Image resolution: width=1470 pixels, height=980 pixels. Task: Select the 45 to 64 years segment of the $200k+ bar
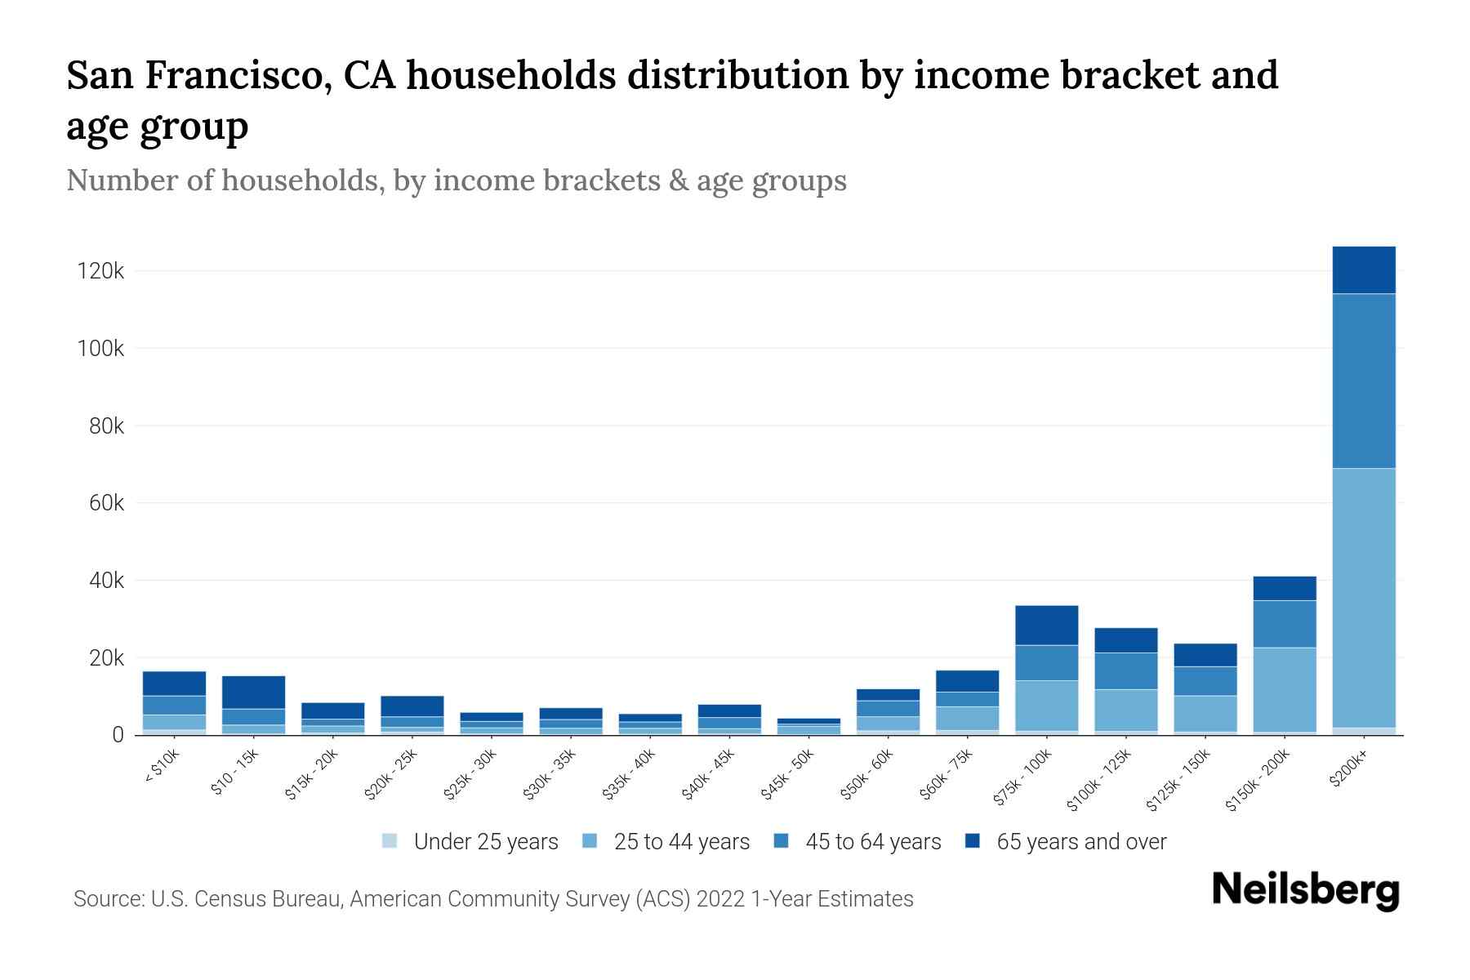point(1364,381)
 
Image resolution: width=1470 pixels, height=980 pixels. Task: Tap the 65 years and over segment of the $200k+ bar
point(1364,269)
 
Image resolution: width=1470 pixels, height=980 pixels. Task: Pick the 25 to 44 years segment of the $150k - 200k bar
point(1285,689)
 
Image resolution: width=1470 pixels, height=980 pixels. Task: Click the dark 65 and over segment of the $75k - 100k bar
point(1047,625)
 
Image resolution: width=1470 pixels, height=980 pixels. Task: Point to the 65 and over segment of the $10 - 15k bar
point(253,692)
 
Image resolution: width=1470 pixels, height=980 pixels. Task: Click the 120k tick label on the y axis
point(100,271)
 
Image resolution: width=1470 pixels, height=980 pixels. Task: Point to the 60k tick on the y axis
point(105,503)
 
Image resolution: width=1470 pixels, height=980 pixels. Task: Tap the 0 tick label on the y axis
point(118,735)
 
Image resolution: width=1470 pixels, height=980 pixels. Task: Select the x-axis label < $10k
point(162,767)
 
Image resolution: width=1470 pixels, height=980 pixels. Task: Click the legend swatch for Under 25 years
point(390,841)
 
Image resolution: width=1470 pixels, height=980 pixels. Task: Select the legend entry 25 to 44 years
point(681,842)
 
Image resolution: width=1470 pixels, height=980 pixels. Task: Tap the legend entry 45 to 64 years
point(872,842)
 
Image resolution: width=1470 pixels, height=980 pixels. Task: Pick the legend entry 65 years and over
point(1080,842)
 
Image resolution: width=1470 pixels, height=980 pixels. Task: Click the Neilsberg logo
point(1305,889)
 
